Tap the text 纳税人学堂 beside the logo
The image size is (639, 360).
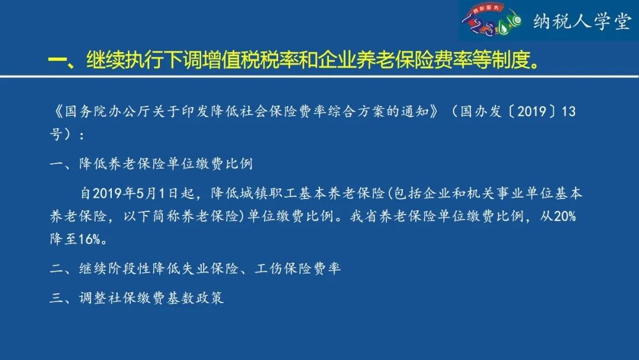point(582,22)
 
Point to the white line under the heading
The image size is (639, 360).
point(319,76)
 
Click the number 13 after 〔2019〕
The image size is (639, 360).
point(569,111)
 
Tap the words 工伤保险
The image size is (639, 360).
point(284,268)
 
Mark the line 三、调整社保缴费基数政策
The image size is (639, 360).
point(137,298)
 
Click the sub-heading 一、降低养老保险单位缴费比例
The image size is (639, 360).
point(151,164)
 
